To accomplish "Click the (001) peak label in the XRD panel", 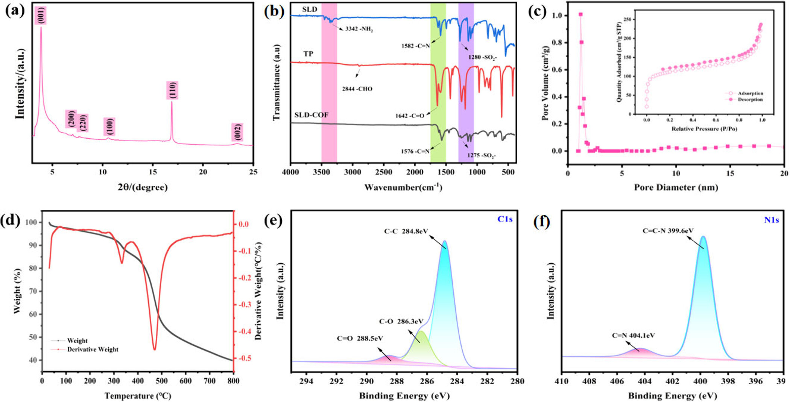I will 41,15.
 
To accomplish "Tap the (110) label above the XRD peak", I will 172,90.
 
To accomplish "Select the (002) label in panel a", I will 237,132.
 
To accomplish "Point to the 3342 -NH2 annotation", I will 359,29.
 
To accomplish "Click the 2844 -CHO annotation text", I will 357,89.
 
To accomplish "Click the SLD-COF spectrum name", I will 311,115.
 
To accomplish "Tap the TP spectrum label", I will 308,54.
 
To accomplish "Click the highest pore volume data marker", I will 580,15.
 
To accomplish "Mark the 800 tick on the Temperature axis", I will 233,381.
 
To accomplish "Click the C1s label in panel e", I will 504,219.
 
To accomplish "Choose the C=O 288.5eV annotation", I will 360,338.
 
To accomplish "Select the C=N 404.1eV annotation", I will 633,335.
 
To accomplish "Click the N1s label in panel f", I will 771,220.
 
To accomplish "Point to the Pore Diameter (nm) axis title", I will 676,187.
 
